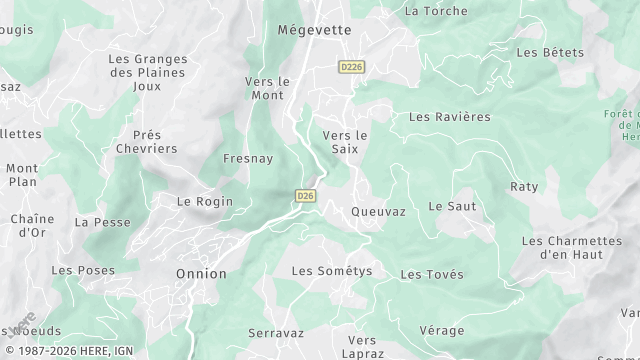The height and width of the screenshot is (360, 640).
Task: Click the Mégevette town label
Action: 314,30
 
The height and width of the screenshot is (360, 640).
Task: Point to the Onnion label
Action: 201,273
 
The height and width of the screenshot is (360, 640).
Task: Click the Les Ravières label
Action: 450,117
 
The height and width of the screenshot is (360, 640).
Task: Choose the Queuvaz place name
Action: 378,212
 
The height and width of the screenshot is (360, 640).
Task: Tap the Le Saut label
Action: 452,206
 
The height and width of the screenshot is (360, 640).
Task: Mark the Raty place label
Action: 524,187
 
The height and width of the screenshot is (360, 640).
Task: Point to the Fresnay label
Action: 249,159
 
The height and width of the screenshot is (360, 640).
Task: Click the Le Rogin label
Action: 205,201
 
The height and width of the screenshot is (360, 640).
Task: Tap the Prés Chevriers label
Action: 154,141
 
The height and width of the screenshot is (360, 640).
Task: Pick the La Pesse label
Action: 103,222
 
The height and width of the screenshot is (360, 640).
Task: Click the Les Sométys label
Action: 331,271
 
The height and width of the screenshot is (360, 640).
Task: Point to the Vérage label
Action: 442,330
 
